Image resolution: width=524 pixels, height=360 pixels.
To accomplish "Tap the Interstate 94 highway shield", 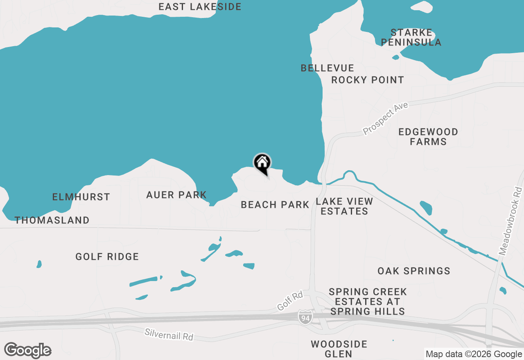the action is (x=305, y=317).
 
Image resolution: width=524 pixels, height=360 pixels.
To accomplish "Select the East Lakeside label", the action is (x=200, y=7).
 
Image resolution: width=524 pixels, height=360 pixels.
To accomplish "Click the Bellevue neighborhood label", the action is (x=327, y=68).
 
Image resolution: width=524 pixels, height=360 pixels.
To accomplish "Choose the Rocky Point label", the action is (x=367, y=80).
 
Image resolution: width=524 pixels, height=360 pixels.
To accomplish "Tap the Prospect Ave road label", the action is (x=386, y=119).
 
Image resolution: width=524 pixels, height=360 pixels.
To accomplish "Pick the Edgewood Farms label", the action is (x=428, y=137).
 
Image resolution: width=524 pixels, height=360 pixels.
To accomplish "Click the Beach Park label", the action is (x=275, y=205).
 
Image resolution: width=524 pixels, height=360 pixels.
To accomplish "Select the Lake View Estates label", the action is (x=344, y=206).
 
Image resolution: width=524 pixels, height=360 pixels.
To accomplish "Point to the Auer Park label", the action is (x=176, y=195).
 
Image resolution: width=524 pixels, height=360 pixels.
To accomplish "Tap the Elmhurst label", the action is (x=81, y=197).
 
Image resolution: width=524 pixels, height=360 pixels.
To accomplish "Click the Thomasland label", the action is (x=52, y=220).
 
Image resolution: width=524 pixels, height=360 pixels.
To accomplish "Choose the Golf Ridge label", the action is (x=107, y=256).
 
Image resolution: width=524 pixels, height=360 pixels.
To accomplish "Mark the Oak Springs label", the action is (x=413, y=271).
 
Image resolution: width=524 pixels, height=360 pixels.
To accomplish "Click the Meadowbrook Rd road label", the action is (x=510, y=221).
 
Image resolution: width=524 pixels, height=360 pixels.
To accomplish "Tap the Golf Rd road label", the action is (x=290, y=301).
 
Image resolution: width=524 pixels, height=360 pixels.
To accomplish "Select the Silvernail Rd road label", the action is (x=169, y=334).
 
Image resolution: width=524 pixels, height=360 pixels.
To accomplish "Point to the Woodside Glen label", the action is (x=339, y=349).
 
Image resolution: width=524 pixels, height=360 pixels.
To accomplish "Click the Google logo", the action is (x=28, y=350).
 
